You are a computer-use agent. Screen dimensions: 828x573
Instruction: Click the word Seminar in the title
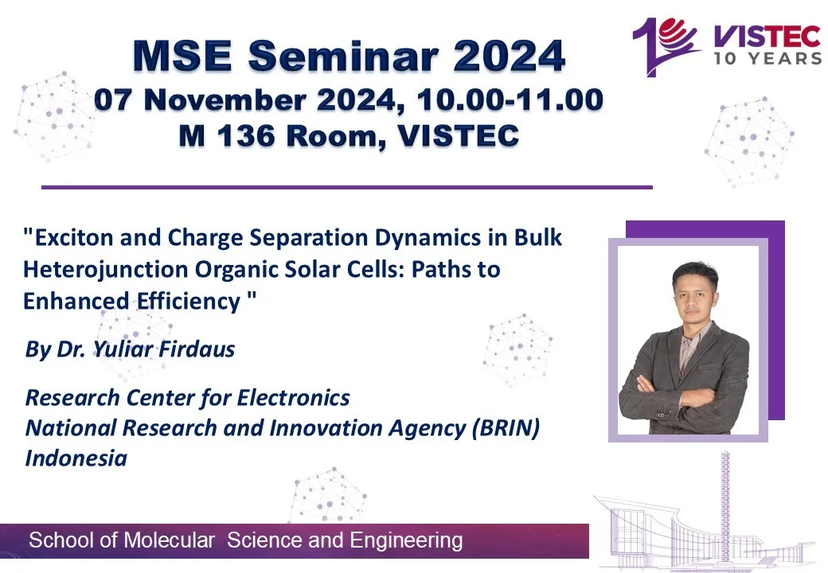[344, 56]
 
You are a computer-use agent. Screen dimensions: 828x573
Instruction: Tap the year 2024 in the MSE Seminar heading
[509, 56]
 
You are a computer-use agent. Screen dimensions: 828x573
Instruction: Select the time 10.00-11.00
[510, 99]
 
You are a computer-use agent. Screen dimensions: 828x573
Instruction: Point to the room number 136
[246, 135]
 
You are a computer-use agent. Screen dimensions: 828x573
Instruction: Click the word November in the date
[225, 99]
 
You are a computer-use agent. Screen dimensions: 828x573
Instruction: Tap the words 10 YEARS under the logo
[768, 58]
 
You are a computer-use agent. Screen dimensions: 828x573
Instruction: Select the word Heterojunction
[106, 270]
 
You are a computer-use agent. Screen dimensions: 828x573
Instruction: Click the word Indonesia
[76, 458]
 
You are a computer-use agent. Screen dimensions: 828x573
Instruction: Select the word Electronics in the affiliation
[293, 398]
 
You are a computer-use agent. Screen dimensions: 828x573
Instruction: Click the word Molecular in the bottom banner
[169, 540]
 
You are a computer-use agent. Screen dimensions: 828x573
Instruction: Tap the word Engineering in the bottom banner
[406, 541]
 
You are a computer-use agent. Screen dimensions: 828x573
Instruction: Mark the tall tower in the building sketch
[726, 506]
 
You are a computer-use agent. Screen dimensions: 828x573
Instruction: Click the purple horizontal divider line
[347, 187]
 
